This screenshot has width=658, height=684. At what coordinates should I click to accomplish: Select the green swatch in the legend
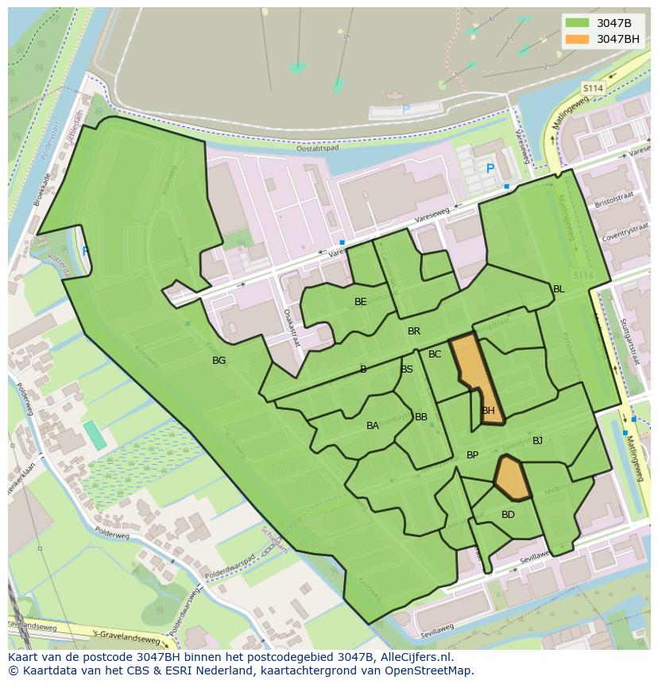click(578, 23)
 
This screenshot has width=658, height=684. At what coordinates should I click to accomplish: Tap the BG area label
click(219, 361)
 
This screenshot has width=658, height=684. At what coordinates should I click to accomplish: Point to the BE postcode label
click(361, 302)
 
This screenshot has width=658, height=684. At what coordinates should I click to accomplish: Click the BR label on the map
click(414, 331)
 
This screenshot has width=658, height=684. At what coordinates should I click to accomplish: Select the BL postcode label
click(559, 289)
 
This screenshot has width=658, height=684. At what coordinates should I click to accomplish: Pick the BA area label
click(373, 426)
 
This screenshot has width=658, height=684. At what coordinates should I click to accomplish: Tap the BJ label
click(537, 440)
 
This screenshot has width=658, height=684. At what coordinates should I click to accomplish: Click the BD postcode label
click(508, 515)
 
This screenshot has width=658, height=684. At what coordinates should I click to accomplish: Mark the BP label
click(472, 455)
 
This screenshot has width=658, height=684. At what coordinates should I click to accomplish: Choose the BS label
click(407, 369)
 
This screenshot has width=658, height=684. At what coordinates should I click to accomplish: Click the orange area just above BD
click(512, 479)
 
